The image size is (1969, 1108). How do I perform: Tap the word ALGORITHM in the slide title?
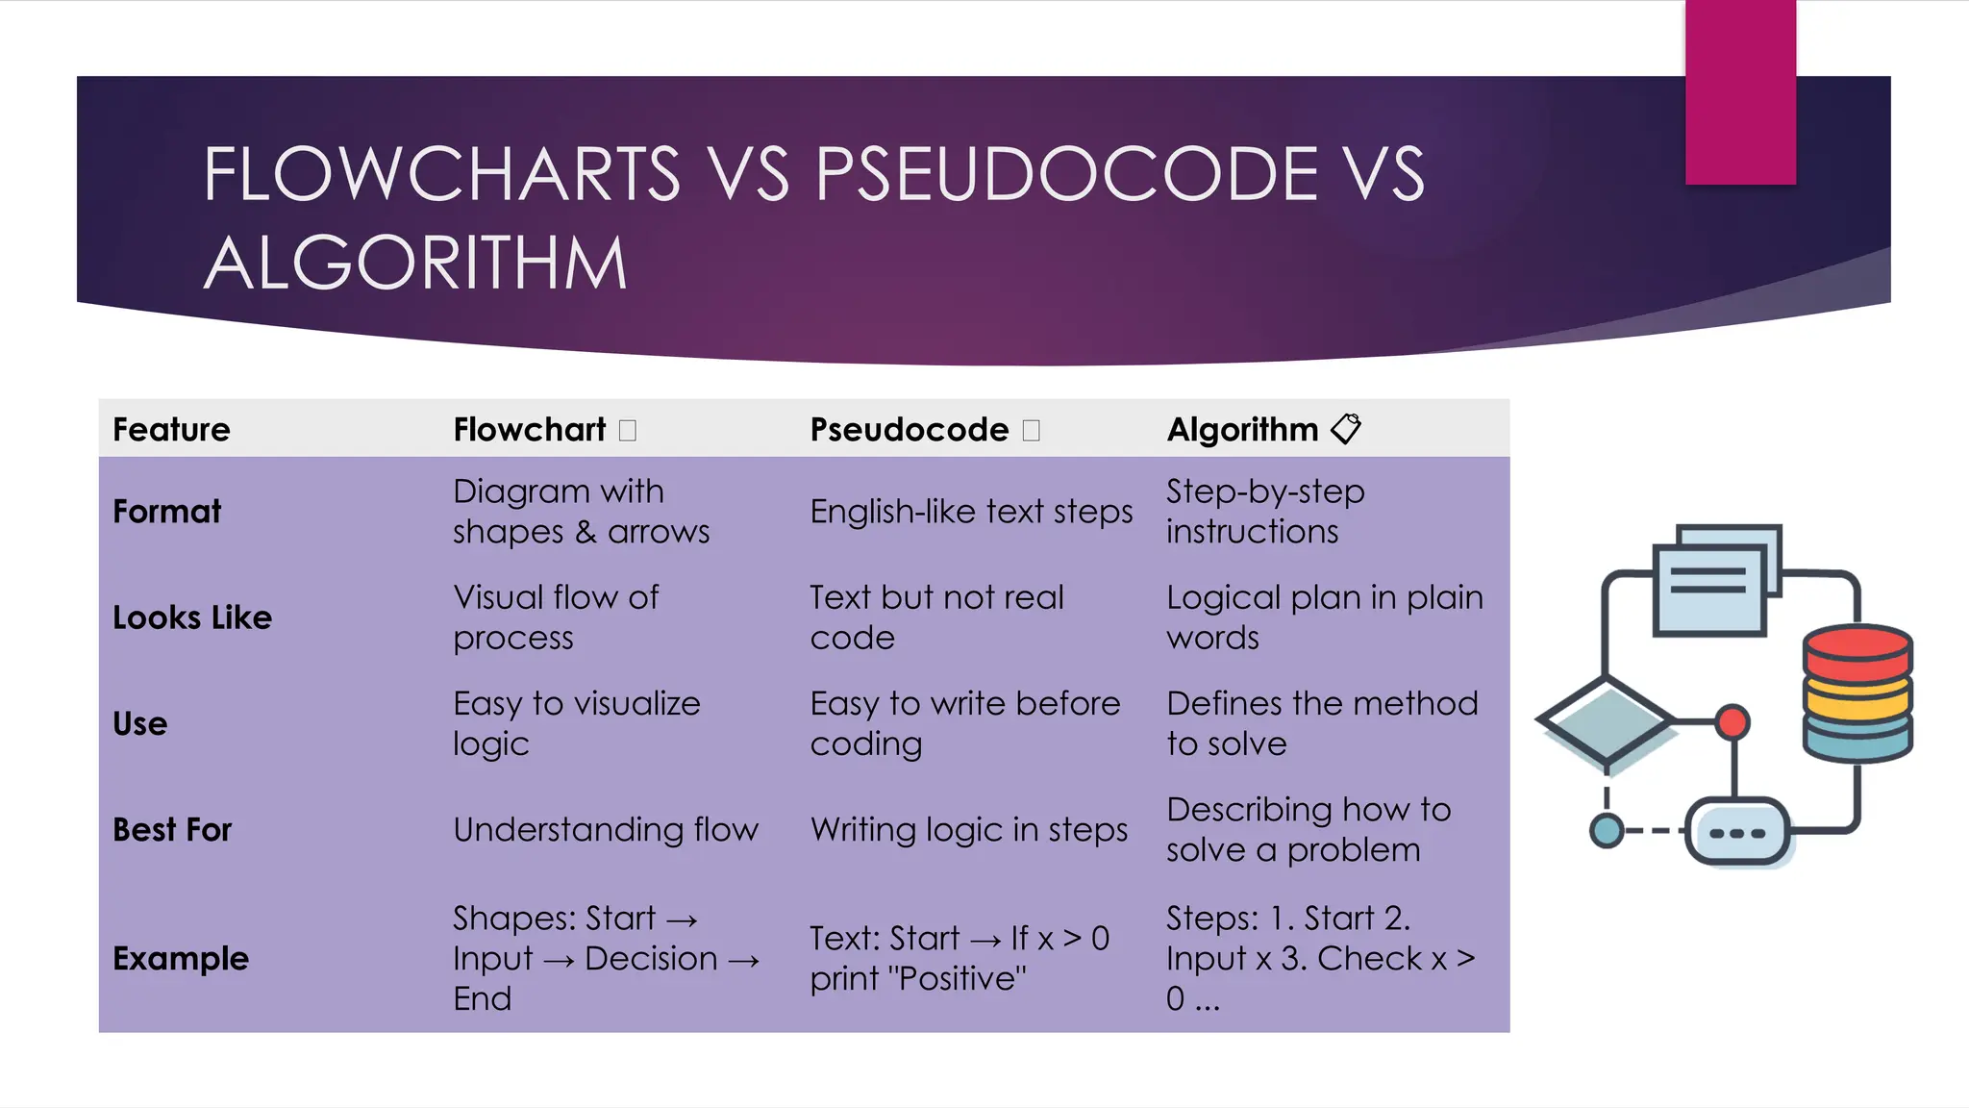pos(415,264)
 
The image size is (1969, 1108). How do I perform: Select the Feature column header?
pos(171,429)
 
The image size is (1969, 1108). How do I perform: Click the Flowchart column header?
pos(530,429)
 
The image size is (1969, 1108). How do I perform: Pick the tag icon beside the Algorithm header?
pos(1346,428)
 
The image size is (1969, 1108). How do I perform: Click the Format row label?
pos(167,511)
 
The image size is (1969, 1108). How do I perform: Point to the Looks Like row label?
pos(192,617)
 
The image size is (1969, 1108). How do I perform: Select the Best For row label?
pos(172,829)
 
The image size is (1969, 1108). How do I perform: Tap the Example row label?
pos(181,958)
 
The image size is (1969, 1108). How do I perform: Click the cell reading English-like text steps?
pos(971,512)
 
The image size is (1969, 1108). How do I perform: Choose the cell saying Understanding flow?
pos(606,829)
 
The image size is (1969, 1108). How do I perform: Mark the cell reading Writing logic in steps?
pos(968,829)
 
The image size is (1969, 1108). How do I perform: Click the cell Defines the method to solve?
pos(1322,723)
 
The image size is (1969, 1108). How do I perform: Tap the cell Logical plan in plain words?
pos(1324,617)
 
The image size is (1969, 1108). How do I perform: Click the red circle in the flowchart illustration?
pos(1732,721)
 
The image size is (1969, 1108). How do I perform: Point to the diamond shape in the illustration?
pos(1607,720)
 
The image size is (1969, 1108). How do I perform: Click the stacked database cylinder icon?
pos(1857,692)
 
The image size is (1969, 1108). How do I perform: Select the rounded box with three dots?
pos(1738,832)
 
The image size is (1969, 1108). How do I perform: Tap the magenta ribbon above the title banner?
pos(1740,92)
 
